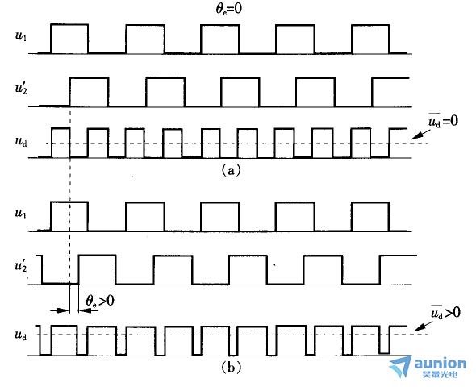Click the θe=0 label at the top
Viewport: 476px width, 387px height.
229,9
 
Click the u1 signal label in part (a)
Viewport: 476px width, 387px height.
21,36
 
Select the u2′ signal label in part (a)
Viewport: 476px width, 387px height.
21,89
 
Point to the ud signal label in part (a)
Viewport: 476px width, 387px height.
21,142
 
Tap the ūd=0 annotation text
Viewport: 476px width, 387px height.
443,121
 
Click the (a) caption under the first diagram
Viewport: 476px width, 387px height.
232,170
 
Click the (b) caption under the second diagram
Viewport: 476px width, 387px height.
232,368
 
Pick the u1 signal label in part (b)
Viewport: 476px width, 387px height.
21,214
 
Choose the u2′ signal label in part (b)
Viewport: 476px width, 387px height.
21,266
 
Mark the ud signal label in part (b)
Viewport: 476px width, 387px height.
21,335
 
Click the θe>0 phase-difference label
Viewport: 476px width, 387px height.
100,302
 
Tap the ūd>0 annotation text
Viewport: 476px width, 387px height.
445,312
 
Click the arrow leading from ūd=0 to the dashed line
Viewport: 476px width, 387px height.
421,135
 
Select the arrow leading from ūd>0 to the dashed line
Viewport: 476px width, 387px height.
424,326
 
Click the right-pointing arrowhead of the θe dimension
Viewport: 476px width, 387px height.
65,310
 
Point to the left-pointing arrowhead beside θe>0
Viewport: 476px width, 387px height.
84,310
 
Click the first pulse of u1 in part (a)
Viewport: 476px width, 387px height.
69,39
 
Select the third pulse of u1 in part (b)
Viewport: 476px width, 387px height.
219,217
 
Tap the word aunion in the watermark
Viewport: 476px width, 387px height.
441,364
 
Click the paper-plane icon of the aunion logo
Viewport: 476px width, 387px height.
401,366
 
